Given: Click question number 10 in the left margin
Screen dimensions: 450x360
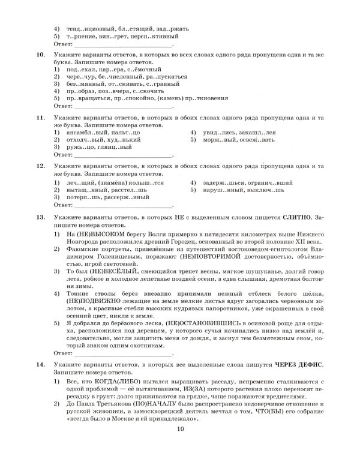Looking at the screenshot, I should point(41,55).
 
